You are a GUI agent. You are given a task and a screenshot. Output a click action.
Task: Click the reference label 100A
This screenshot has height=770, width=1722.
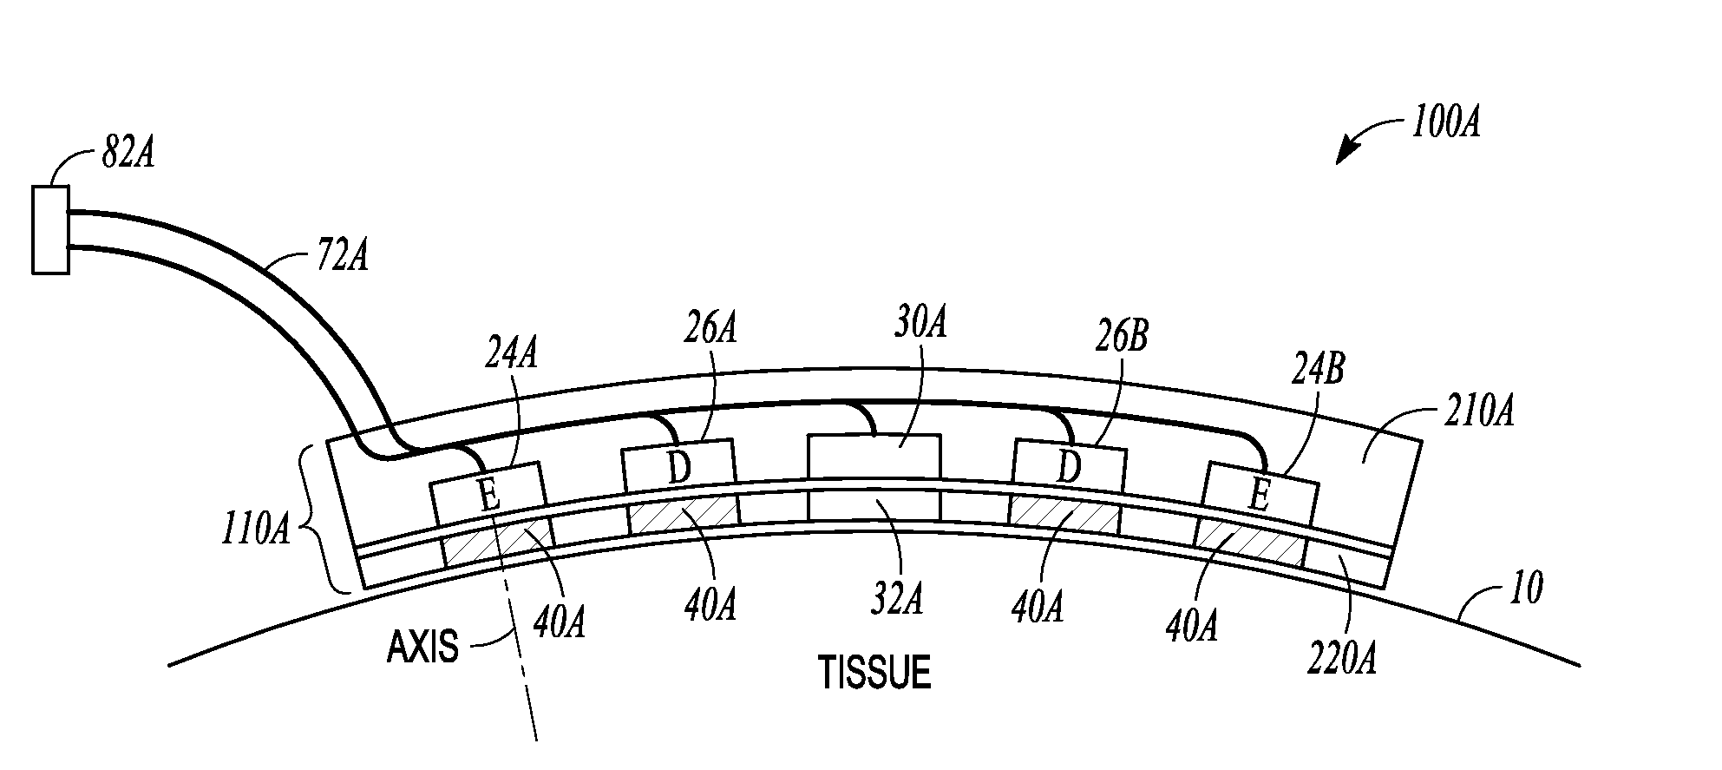(1445, 123)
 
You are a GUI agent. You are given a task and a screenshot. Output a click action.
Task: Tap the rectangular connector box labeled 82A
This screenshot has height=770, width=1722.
(50, 230)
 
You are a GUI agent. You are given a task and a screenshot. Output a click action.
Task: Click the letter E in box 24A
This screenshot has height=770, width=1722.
(489, 497)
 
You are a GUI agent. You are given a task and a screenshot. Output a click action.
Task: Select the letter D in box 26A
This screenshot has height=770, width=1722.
(679, 470)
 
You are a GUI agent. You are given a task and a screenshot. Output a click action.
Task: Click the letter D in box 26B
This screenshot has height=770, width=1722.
(1070, 470)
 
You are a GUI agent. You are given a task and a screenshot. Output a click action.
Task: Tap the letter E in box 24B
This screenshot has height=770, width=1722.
(1260, 497)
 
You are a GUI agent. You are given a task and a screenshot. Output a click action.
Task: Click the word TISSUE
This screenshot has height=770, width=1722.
(875, 674)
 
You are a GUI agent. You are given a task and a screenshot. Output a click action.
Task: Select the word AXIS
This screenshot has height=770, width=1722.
(422, 648)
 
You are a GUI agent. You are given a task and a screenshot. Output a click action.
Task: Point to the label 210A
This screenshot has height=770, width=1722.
(1478, 411)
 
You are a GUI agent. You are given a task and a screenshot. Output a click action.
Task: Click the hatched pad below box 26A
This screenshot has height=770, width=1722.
(684, 517)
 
